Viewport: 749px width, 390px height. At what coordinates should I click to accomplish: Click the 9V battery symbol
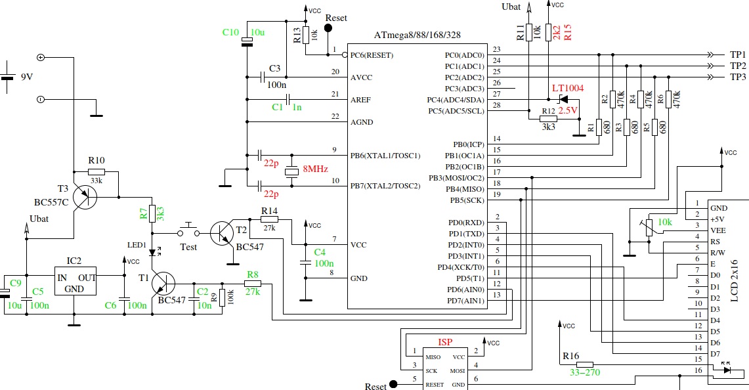tap(7, 77)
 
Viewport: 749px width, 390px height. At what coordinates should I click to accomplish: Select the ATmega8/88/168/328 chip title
tap(417, 35)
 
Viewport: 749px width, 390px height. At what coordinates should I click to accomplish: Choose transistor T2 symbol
tap(222, 233)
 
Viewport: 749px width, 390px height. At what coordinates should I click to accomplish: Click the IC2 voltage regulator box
tap(75, 281)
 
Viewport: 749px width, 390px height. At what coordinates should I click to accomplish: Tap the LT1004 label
tap(568, 88)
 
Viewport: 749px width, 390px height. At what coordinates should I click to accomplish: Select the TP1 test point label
tap(738, 55)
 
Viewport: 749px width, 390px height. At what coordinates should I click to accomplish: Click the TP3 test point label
tap(738, 77)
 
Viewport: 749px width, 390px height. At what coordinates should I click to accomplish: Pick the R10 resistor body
tap(96, 171)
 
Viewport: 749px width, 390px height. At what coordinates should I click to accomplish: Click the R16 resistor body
tap(585, 364)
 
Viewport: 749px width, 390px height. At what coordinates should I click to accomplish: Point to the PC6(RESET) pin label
tap(372, 55)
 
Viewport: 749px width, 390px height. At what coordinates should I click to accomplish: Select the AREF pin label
tap(361, 100)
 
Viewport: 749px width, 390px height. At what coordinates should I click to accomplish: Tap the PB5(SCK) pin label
tap(467, 200)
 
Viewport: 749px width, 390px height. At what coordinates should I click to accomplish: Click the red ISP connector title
tap(445, 342)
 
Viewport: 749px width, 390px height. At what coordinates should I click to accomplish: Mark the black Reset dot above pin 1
tap(328, 28)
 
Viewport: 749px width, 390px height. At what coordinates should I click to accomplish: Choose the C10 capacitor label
tap(230, 32)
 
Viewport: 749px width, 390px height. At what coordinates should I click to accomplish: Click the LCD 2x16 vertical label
tap(734, 280)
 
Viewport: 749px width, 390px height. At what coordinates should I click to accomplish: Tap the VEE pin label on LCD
tap(718, 230)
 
